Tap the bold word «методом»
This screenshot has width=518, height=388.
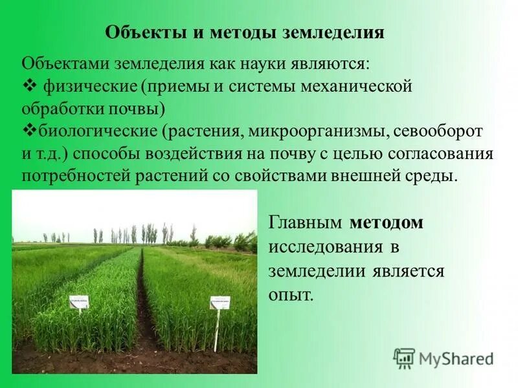tap(387, 223)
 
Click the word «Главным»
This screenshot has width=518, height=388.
tap(306, 223)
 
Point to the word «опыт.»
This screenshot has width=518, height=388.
tap(291, 295)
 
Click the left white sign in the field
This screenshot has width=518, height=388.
tap(79, 301)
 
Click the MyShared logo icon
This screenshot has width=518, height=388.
tap(404, 358)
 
